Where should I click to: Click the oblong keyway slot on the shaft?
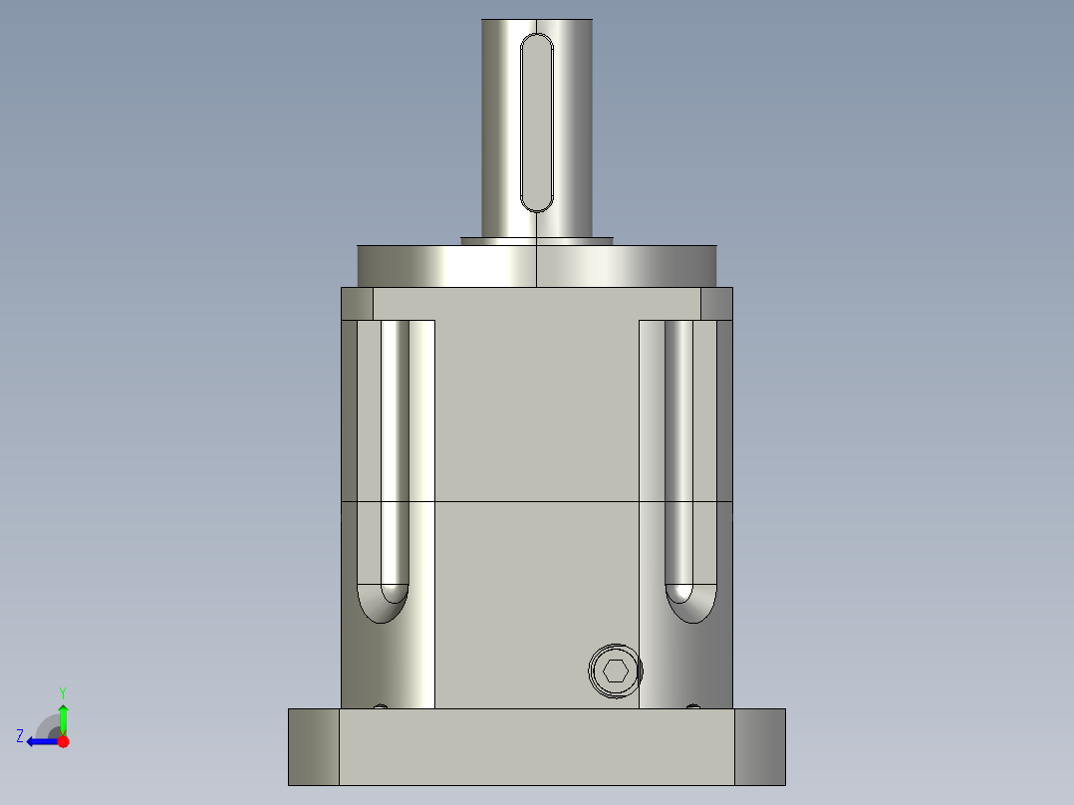(537, 122)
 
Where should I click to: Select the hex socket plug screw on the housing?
(616, 671)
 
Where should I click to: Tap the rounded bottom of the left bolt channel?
(382, 604)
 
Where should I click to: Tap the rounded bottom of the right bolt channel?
(690, 604)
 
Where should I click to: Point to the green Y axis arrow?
(63, 715)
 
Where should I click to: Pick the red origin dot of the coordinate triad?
(63, 741)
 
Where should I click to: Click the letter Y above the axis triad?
(62, 691)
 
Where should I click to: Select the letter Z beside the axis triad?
(20, 736)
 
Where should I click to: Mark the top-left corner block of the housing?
(357, 304)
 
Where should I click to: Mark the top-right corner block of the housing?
(716, 304)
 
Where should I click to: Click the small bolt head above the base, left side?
(380, 707)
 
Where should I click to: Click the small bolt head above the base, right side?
(693, 707)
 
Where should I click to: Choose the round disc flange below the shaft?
(537, 266)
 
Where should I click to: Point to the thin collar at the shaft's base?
(537, 240)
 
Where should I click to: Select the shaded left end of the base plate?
(314, 746)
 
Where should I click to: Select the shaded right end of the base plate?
(760, 746)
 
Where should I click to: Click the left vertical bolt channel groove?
(395, 448)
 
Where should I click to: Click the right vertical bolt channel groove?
(678, 448)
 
